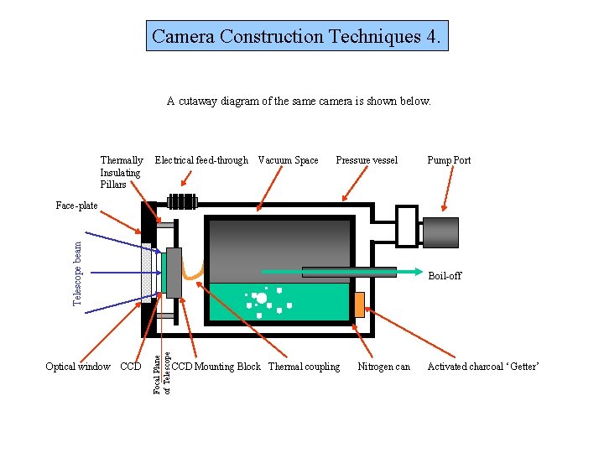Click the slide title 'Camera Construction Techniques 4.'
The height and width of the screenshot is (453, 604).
pyautogui.click(x=297, y=36)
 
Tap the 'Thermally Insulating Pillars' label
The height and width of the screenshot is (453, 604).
pyautogui.click(x=122, y=172)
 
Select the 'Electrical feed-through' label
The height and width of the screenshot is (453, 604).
pyautogui.click(x=201, y=160)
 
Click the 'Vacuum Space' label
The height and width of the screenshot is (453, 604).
pyautogui.click(x=289, y=160)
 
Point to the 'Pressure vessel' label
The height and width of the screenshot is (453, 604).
pyautogui.click(x=367, y=160)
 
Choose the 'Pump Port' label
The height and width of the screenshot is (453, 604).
pyautogui.click(x=449, y=160)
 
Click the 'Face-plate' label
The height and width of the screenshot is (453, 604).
pyautogui.click(x=76, y=206)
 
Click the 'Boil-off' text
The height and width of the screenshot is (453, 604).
pyautogui.click(x=445, y=276)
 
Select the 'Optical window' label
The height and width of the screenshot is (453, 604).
pyautogui.click(x=78, y=367)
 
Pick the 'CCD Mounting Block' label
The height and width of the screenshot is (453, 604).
pyautogui.click(x=216, y=367)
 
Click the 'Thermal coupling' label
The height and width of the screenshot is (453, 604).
pyautogui.click(x=305, y=367)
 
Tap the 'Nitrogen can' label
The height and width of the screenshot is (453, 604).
pyautogui.click(x=384, y=367)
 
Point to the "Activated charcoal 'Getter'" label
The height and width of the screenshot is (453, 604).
pyautogui.click(x=483, y=367)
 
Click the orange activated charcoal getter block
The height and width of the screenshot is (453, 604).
pyautogui.click(x=359, y=305)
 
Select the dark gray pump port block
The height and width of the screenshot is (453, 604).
pyautogui.click(x=440, y=232)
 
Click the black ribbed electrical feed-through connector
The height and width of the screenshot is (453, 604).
pyautogui.click(x=182, y=201)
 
